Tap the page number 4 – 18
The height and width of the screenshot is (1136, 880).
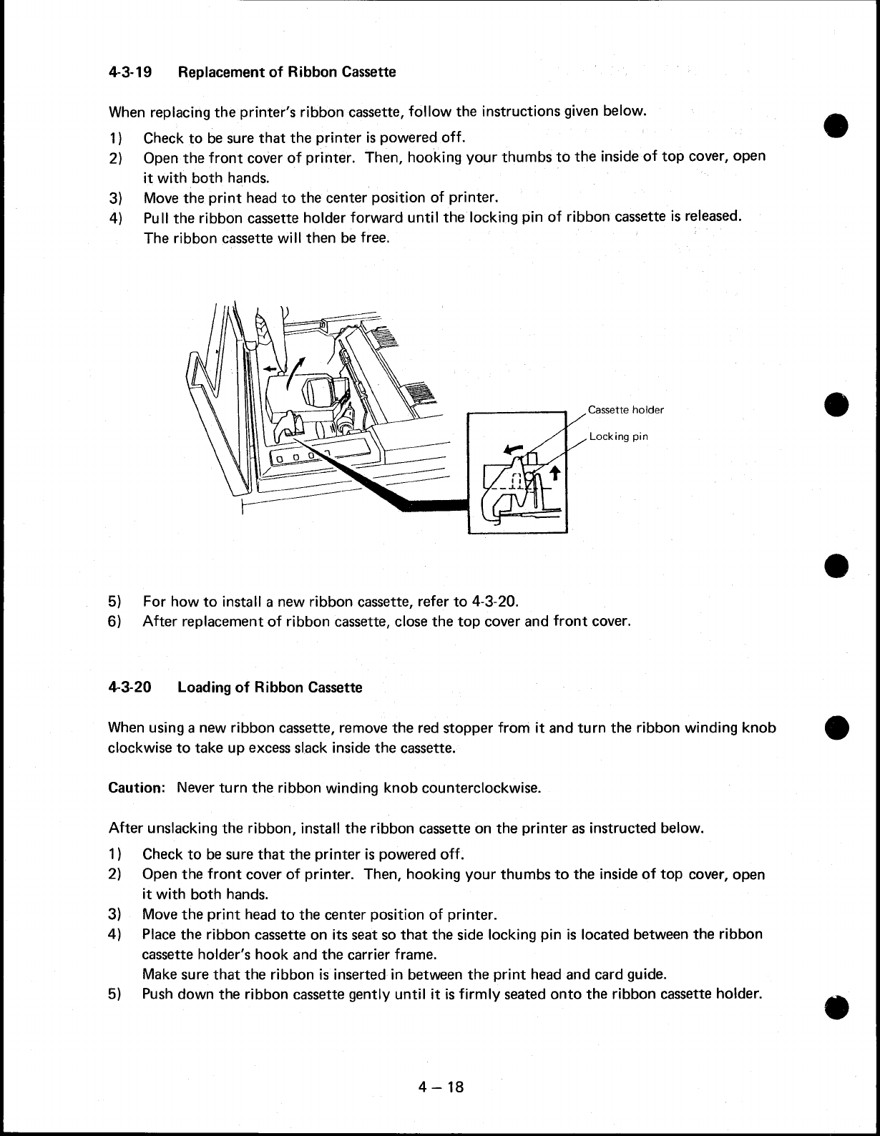click(x=441, y=1087)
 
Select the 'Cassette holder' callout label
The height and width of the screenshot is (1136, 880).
click(x=625, y=410)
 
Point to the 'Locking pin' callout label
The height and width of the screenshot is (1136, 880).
click(x=619, y=436)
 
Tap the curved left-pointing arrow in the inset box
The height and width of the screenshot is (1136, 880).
click(x=513, y=449)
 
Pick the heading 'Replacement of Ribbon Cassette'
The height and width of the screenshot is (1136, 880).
click(x=286, y=72)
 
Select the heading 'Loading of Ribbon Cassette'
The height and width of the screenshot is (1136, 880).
click(x=270, y=687)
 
